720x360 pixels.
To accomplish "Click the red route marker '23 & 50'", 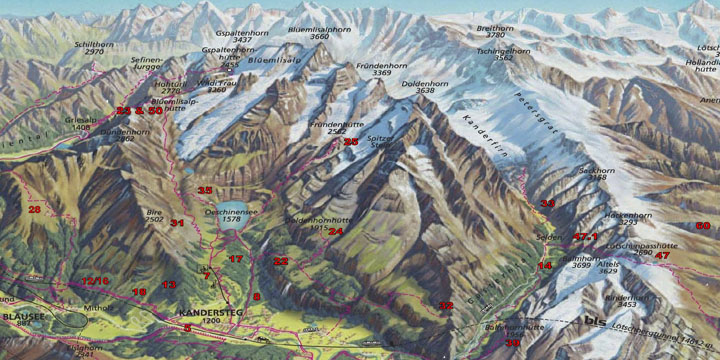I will [x=138, y=111].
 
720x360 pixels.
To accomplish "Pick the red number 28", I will [x=35, y=209].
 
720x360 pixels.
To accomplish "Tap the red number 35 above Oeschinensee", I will [x=204, y=190].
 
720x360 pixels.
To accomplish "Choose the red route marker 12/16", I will [x=95, y=281].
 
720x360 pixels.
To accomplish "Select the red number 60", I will [x=702, y=226].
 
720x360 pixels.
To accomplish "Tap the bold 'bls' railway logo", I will [x=596, y=322].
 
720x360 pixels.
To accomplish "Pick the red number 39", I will [x=513, y=343].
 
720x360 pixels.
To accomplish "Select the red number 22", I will [x=281, y=261].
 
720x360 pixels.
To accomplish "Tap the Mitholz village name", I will [x=98, y=309].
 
